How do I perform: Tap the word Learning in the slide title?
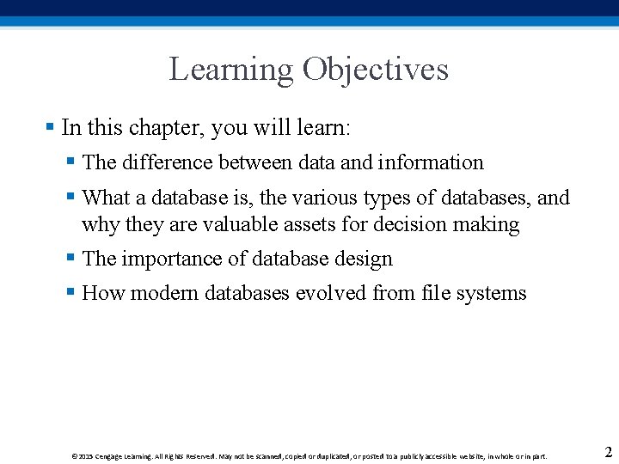(x=230, y=70)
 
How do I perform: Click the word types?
(x=388, y=198)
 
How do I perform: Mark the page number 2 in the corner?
(x=608, y=453)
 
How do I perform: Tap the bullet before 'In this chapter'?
(x=50, y=127)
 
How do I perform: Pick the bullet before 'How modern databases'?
(x=71, y=292)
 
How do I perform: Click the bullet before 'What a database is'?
(x=71, y=197)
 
